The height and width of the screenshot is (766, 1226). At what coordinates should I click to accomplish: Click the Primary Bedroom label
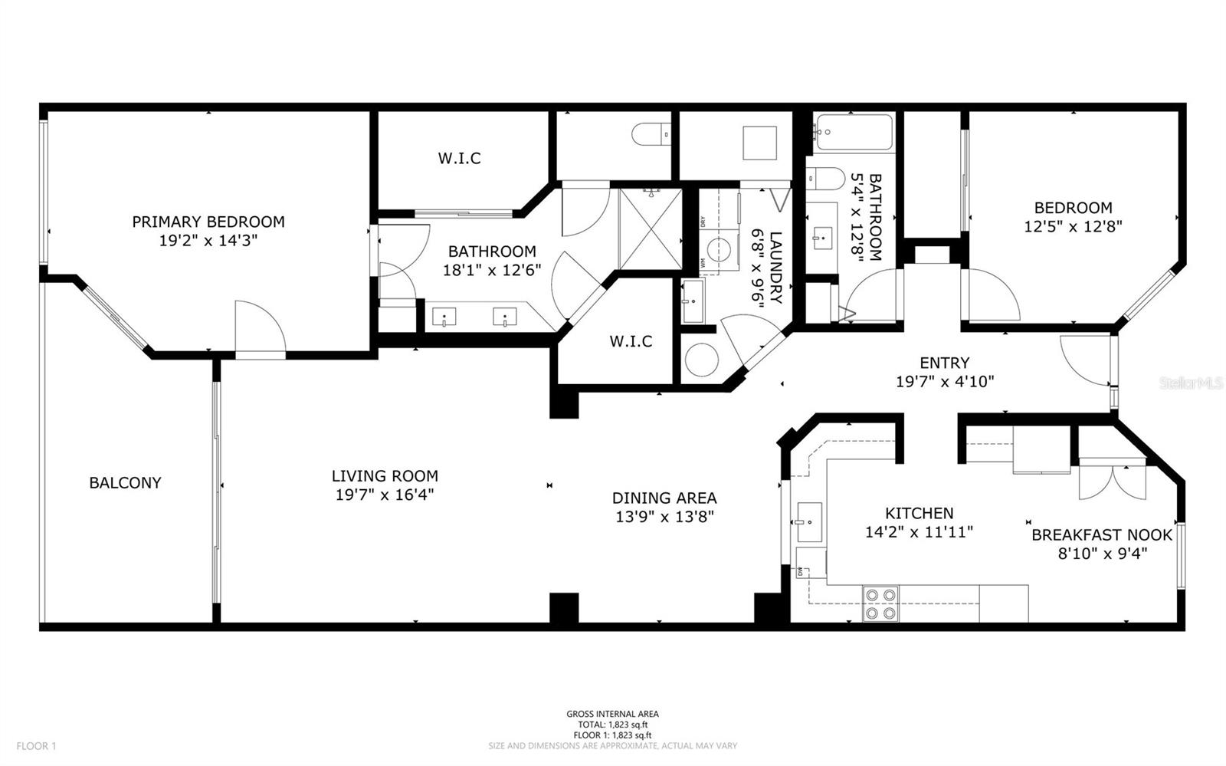(208, 222)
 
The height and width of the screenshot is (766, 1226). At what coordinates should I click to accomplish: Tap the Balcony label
(125, 482)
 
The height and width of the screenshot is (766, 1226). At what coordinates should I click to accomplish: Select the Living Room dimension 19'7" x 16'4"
(385, 495)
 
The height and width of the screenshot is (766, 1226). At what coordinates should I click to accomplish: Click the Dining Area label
(664, 498)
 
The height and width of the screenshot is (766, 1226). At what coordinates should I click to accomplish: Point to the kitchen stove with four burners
(880, 603)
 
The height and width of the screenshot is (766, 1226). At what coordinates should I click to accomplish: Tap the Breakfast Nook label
(1102, 535)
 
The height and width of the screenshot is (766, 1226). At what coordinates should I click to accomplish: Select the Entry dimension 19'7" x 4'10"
(945, 381)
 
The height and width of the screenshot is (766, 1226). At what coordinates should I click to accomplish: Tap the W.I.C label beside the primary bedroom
(460, 159)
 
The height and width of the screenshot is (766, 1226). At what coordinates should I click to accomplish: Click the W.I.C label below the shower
(631, 341)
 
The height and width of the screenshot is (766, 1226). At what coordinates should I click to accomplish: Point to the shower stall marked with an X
(650, 228)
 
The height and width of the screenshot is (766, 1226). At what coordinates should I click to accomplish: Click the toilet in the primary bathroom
(651, 136)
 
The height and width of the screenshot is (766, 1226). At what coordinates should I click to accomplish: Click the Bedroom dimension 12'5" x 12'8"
(1073, 226)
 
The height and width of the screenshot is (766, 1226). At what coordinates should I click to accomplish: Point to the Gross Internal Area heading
(612, 714)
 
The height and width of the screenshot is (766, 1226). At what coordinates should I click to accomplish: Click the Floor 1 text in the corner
(36, 745)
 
